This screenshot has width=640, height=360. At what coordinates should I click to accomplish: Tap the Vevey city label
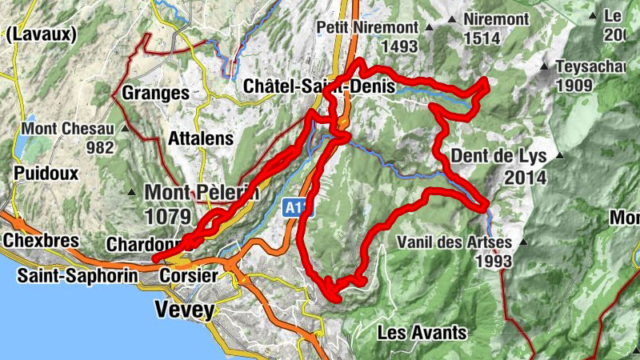click(x=186, y=310)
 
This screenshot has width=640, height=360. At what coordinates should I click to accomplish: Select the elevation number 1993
click(x=493, y=260)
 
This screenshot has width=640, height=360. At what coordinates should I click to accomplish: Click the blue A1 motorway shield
click(x=294, y=208)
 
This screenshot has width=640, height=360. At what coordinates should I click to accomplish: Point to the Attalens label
click(x=200, y=138)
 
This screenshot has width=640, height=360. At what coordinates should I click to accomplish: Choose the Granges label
click(x=155, y=93)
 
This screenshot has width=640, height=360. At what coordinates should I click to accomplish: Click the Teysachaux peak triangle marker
click(x=544, y=66)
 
